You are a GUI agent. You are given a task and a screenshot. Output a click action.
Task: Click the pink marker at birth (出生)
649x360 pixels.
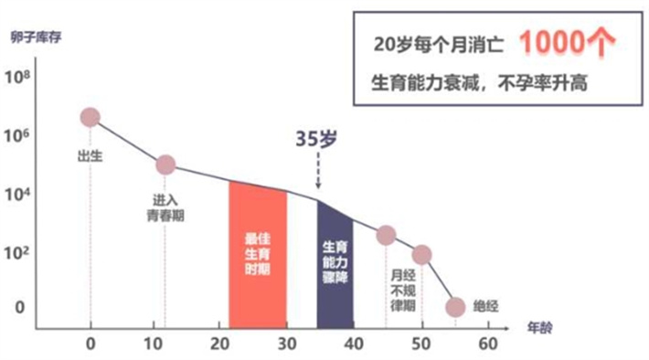pyautogui.click(x=90, y=117)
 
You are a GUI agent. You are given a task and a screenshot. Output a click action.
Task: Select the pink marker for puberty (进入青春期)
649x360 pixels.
pyautogui.click(x=165, y=164)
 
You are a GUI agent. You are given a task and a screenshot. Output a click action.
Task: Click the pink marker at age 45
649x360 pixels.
pyautogui.click(x=386, y=236)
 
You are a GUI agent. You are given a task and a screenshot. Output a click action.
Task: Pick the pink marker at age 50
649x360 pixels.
pyautogui.click(x=421, y=255)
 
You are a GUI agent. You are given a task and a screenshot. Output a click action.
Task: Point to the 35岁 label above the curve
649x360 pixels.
pyautogui.click(x=316, y=139)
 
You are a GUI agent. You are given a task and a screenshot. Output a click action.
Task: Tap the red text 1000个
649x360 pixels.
pyautogui.click(x=566, y=42)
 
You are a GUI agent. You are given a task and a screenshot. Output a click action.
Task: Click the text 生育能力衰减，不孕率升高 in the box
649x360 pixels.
pyautogui.click(x=478, y=82)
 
